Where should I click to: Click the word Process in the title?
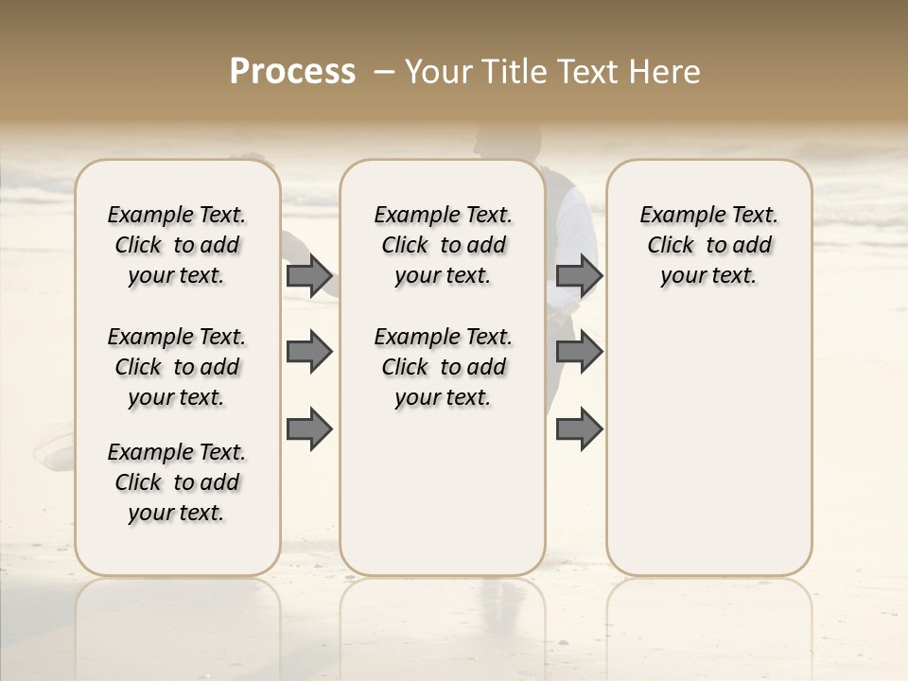(x=292, y=71)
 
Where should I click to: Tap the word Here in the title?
(x=666, y=71)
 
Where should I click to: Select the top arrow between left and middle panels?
(x=309, y=276)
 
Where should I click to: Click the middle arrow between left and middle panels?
(x=309, y=352)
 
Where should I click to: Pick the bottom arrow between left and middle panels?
(x=309, y=429)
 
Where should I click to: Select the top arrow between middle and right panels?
(x=579, y=276)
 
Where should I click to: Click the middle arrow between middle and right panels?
(x=579, y=352)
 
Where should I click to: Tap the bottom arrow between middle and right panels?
(x=579, y=429)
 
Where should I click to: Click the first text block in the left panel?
(x=177, y=245)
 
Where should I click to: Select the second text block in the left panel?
(x=177, y=367)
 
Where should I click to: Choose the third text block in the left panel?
(x=177, y=482)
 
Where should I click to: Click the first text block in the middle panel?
(x=443, y=245)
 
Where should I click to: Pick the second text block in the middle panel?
(x=443, y=367)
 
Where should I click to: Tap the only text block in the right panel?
(x=708, y=245)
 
